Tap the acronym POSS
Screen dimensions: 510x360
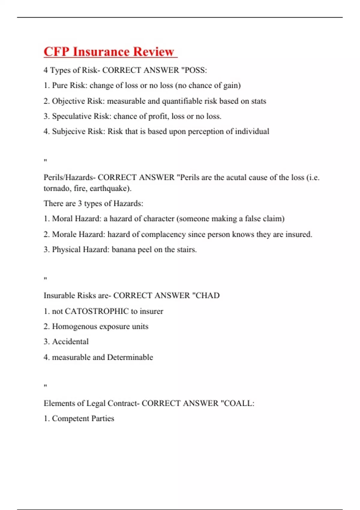point(196,70)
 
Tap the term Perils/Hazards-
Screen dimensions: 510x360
point(70,177)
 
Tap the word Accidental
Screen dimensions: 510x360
point(70,342)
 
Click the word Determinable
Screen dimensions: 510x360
point(130,357)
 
